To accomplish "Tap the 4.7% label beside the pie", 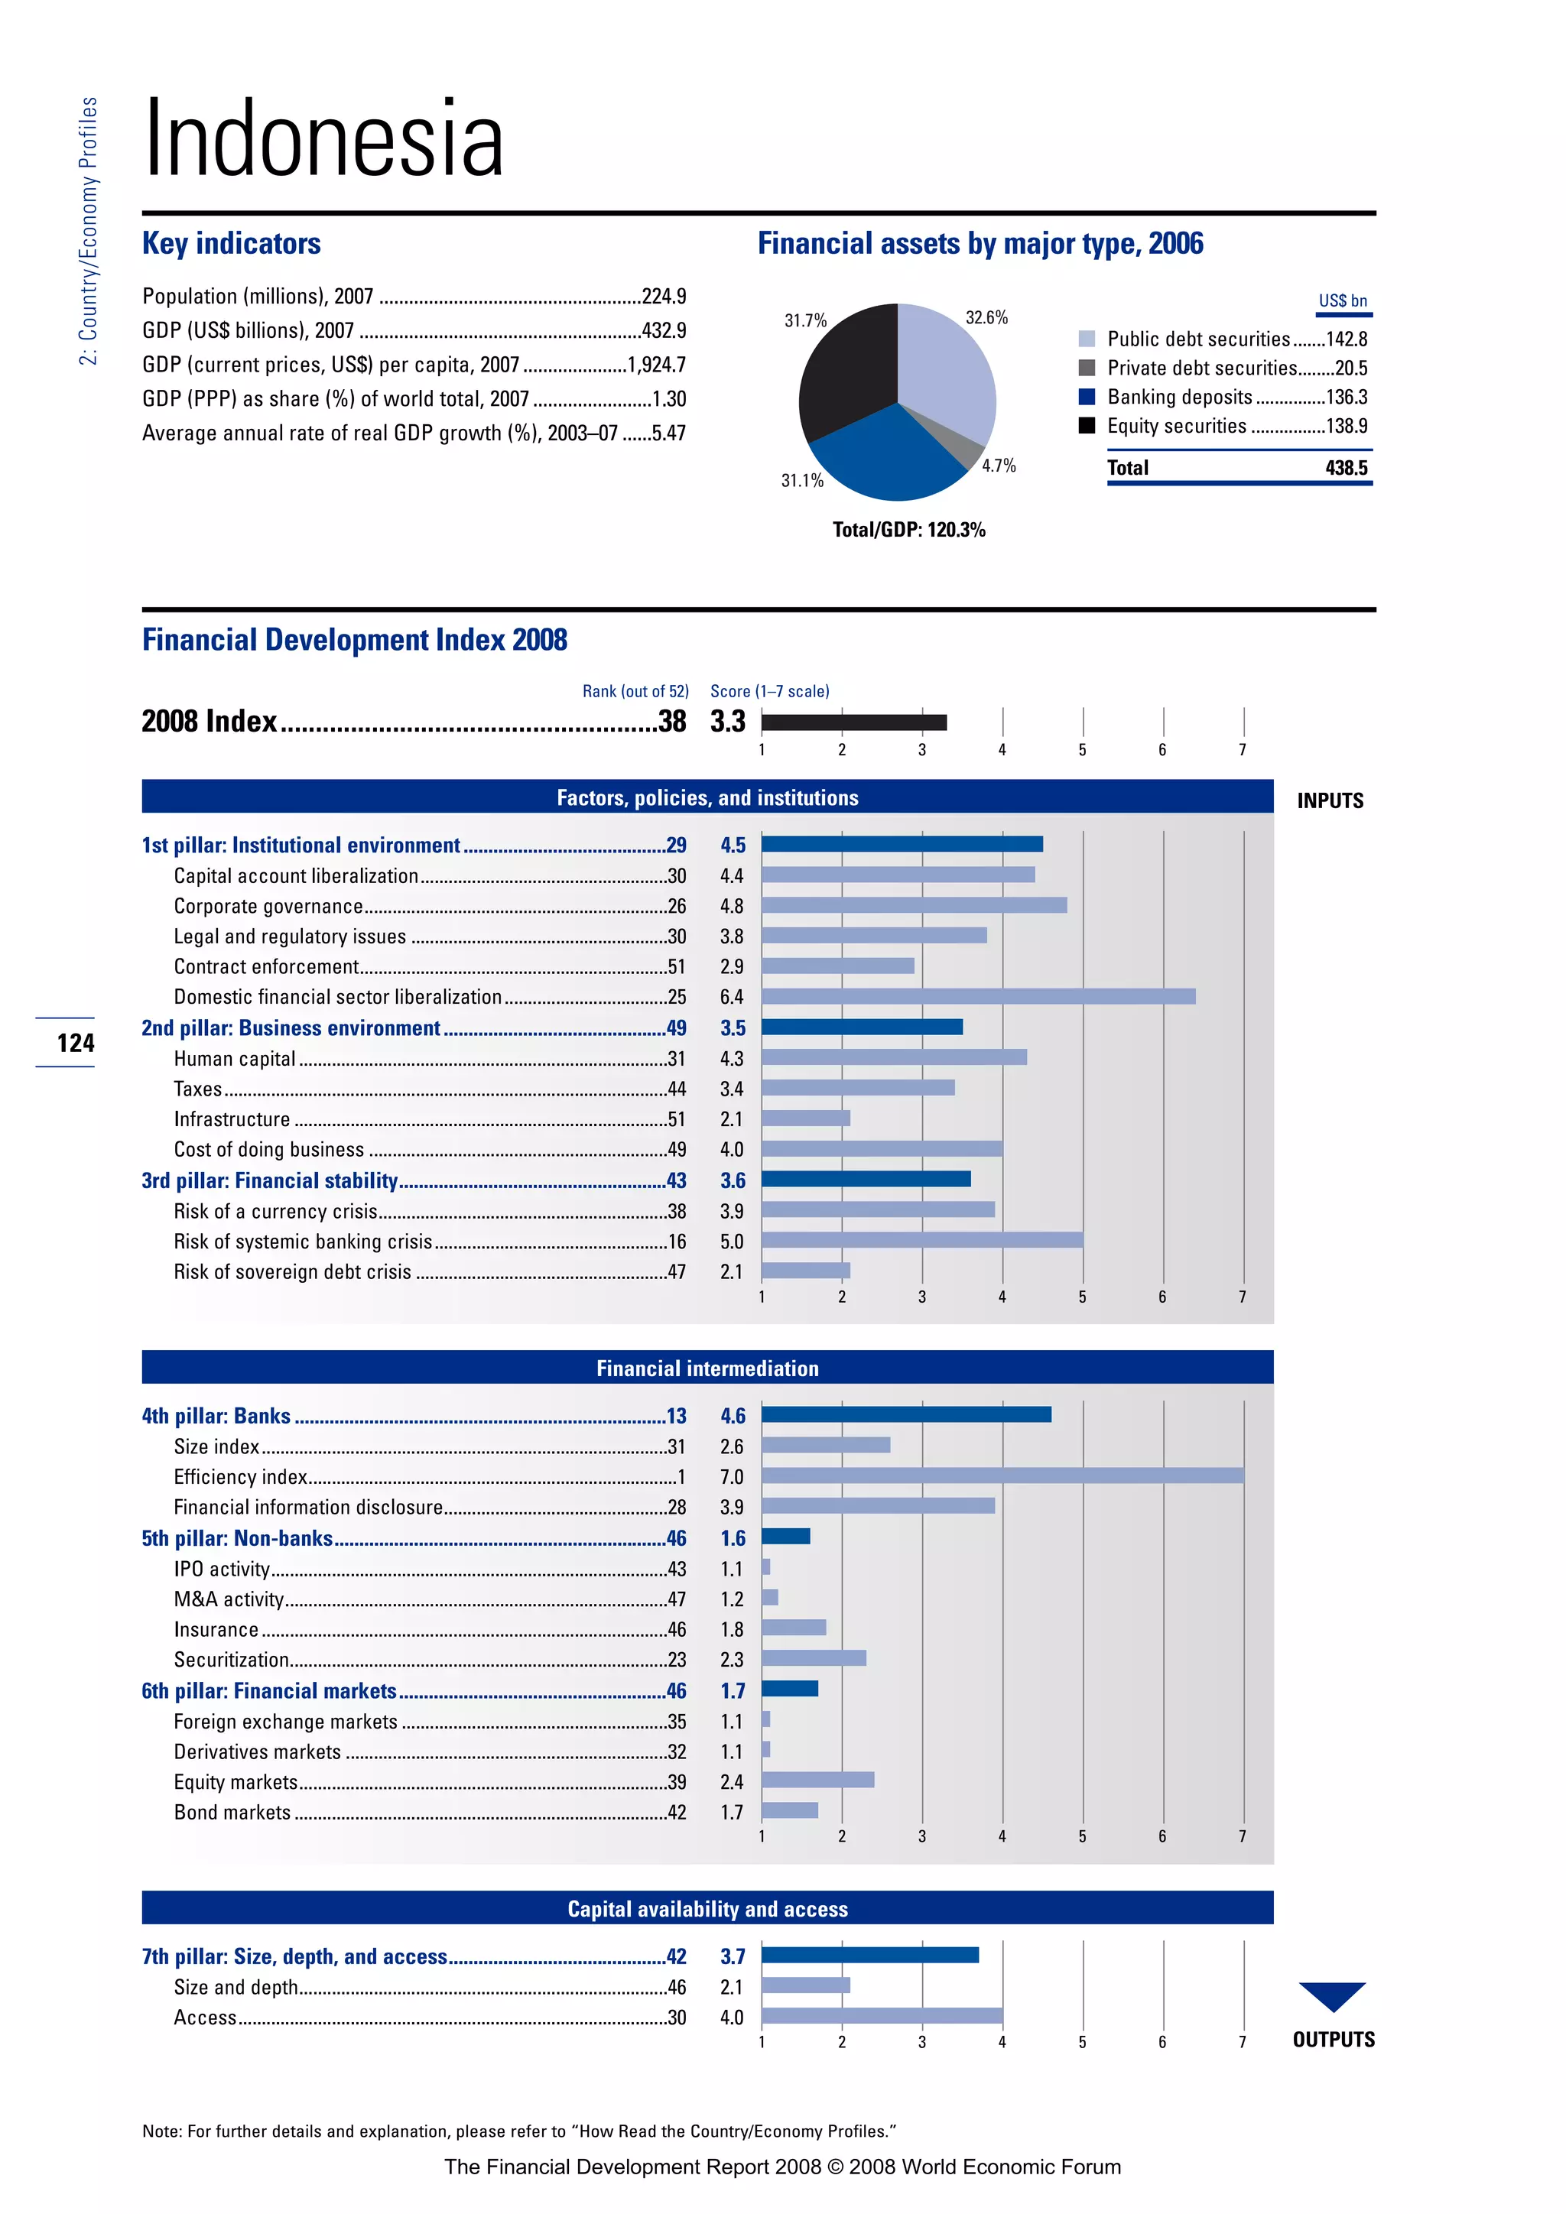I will (x=998, y=466).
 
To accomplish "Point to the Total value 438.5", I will (x=1346, y=468).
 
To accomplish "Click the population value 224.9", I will (x=664, y=296).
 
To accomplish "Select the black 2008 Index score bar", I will (x=853, y=722).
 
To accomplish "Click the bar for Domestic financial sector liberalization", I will (x=978, y=996).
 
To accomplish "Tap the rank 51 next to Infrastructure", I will (x=677, y=1118).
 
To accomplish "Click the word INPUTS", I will (x=1330, y=800).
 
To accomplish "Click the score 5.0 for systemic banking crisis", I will (x=732, y=1241).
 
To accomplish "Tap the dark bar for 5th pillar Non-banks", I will (x=786, y=1536).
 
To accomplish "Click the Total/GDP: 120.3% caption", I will (x=908, y=529).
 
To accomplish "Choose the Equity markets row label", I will (x=236, y=1781).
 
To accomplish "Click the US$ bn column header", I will (x=1342, y=301).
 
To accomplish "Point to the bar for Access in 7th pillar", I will (x=882, y=2015).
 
